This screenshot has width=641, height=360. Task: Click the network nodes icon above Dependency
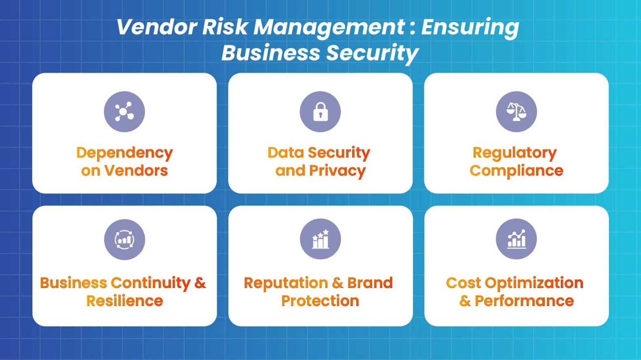(x=124, y=111)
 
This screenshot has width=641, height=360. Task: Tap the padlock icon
(x=320, y=111)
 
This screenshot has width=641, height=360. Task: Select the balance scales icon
(x=516, y=111)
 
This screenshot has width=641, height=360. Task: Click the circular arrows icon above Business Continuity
(x=124, y=239)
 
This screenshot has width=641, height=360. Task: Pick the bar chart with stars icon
(x=320, y=239)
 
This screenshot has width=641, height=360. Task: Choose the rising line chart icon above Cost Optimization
(x=516, y=239)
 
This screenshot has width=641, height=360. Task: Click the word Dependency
(x=124, y=153)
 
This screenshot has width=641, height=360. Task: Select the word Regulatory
(x=514, y=153)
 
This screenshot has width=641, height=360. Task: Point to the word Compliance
(x=516, y=171)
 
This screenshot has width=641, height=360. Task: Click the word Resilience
(x=124, y=301)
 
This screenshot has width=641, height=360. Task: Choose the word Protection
(x=320, y=301)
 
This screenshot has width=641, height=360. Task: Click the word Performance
(x=524, y=301)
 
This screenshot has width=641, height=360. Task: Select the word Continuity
(x=150, y=283)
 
